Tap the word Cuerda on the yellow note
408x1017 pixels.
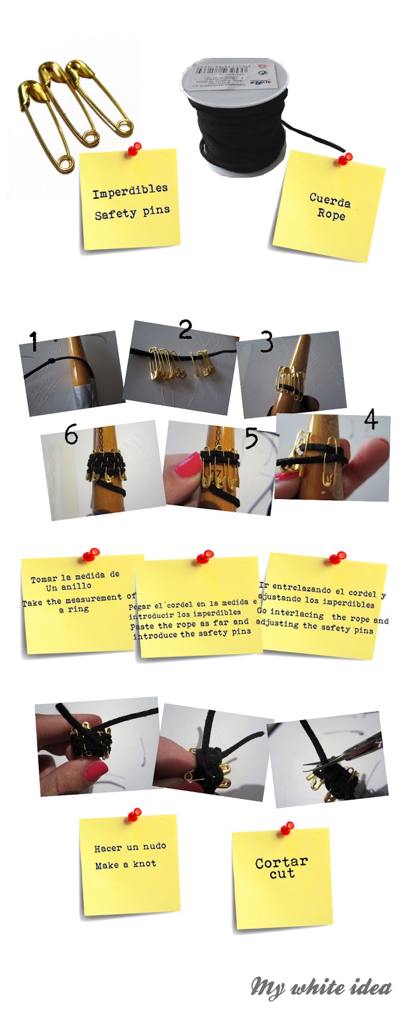pos(330,200)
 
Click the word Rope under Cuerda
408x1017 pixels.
pos(332,214)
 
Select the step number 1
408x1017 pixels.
pos(34,343)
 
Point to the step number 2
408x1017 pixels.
pos(185,329)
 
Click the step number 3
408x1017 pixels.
pos(266,342)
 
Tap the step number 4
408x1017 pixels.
pos(371,420)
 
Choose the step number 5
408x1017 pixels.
pos(252,438)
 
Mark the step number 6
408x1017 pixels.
pos(71,435)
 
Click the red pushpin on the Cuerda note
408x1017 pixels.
pos(345,158)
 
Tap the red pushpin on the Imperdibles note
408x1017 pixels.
pos(134,149)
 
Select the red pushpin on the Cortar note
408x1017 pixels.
pos(287,828)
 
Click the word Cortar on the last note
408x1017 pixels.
pos(281,863)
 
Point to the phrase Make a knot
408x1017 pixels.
pos(125,864)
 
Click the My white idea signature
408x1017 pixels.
pos(321,986)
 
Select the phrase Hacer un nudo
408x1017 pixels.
pos(130,847)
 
